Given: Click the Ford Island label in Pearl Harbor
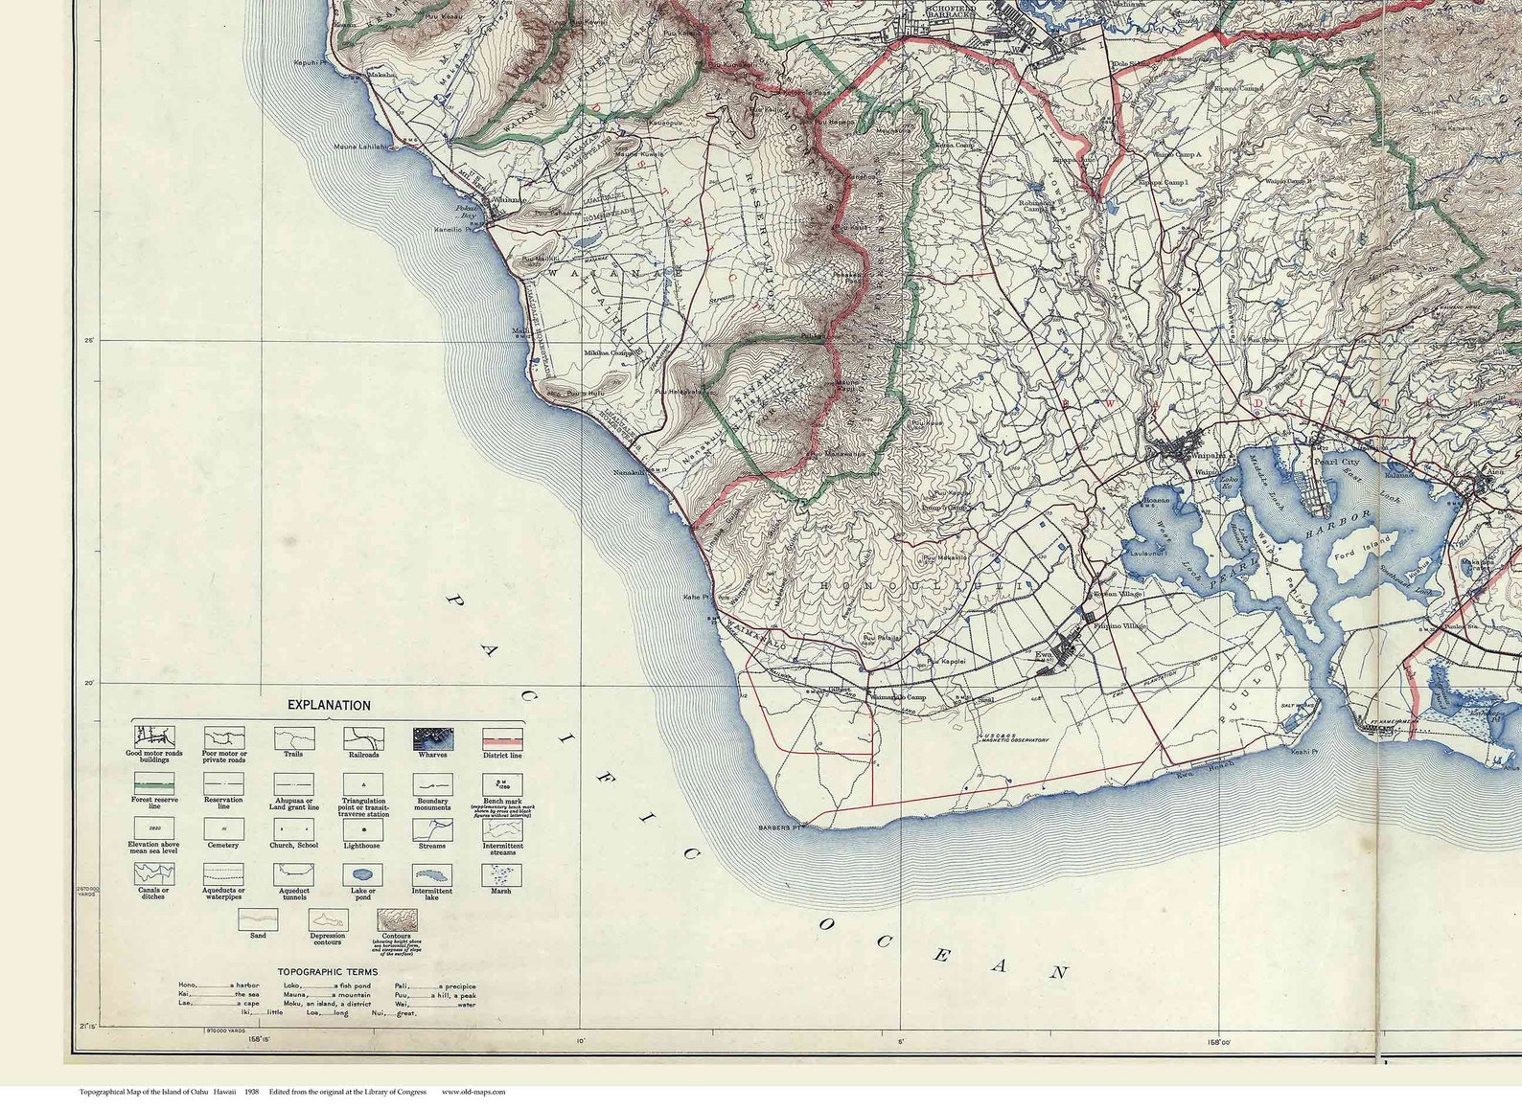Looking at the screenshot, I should point(1354,555).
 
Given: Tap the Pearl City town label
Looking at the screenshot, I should point(1336,462).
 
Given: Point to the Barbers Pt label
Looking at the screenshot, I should point(780,827).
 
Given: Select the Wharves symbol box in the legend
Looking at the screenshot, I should point(433,738).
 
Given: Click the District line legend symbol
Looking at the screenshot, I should point(502,738).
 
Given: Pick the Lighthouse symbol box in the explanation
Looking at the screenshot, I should point(363,829).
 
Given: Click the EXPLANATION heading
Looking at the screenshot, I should point(329,705).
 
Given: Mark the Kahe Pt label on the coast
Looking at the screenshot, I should point(696,597).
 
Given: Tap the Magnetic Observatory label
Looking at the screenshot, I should point(1014,738).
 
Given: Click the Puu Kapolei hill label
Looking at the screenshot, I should point(945,661).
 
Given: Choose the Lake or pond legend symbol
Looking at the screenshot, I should point(363,874).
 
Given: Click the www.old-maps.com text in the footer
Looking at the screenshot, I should point(473,1092).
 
